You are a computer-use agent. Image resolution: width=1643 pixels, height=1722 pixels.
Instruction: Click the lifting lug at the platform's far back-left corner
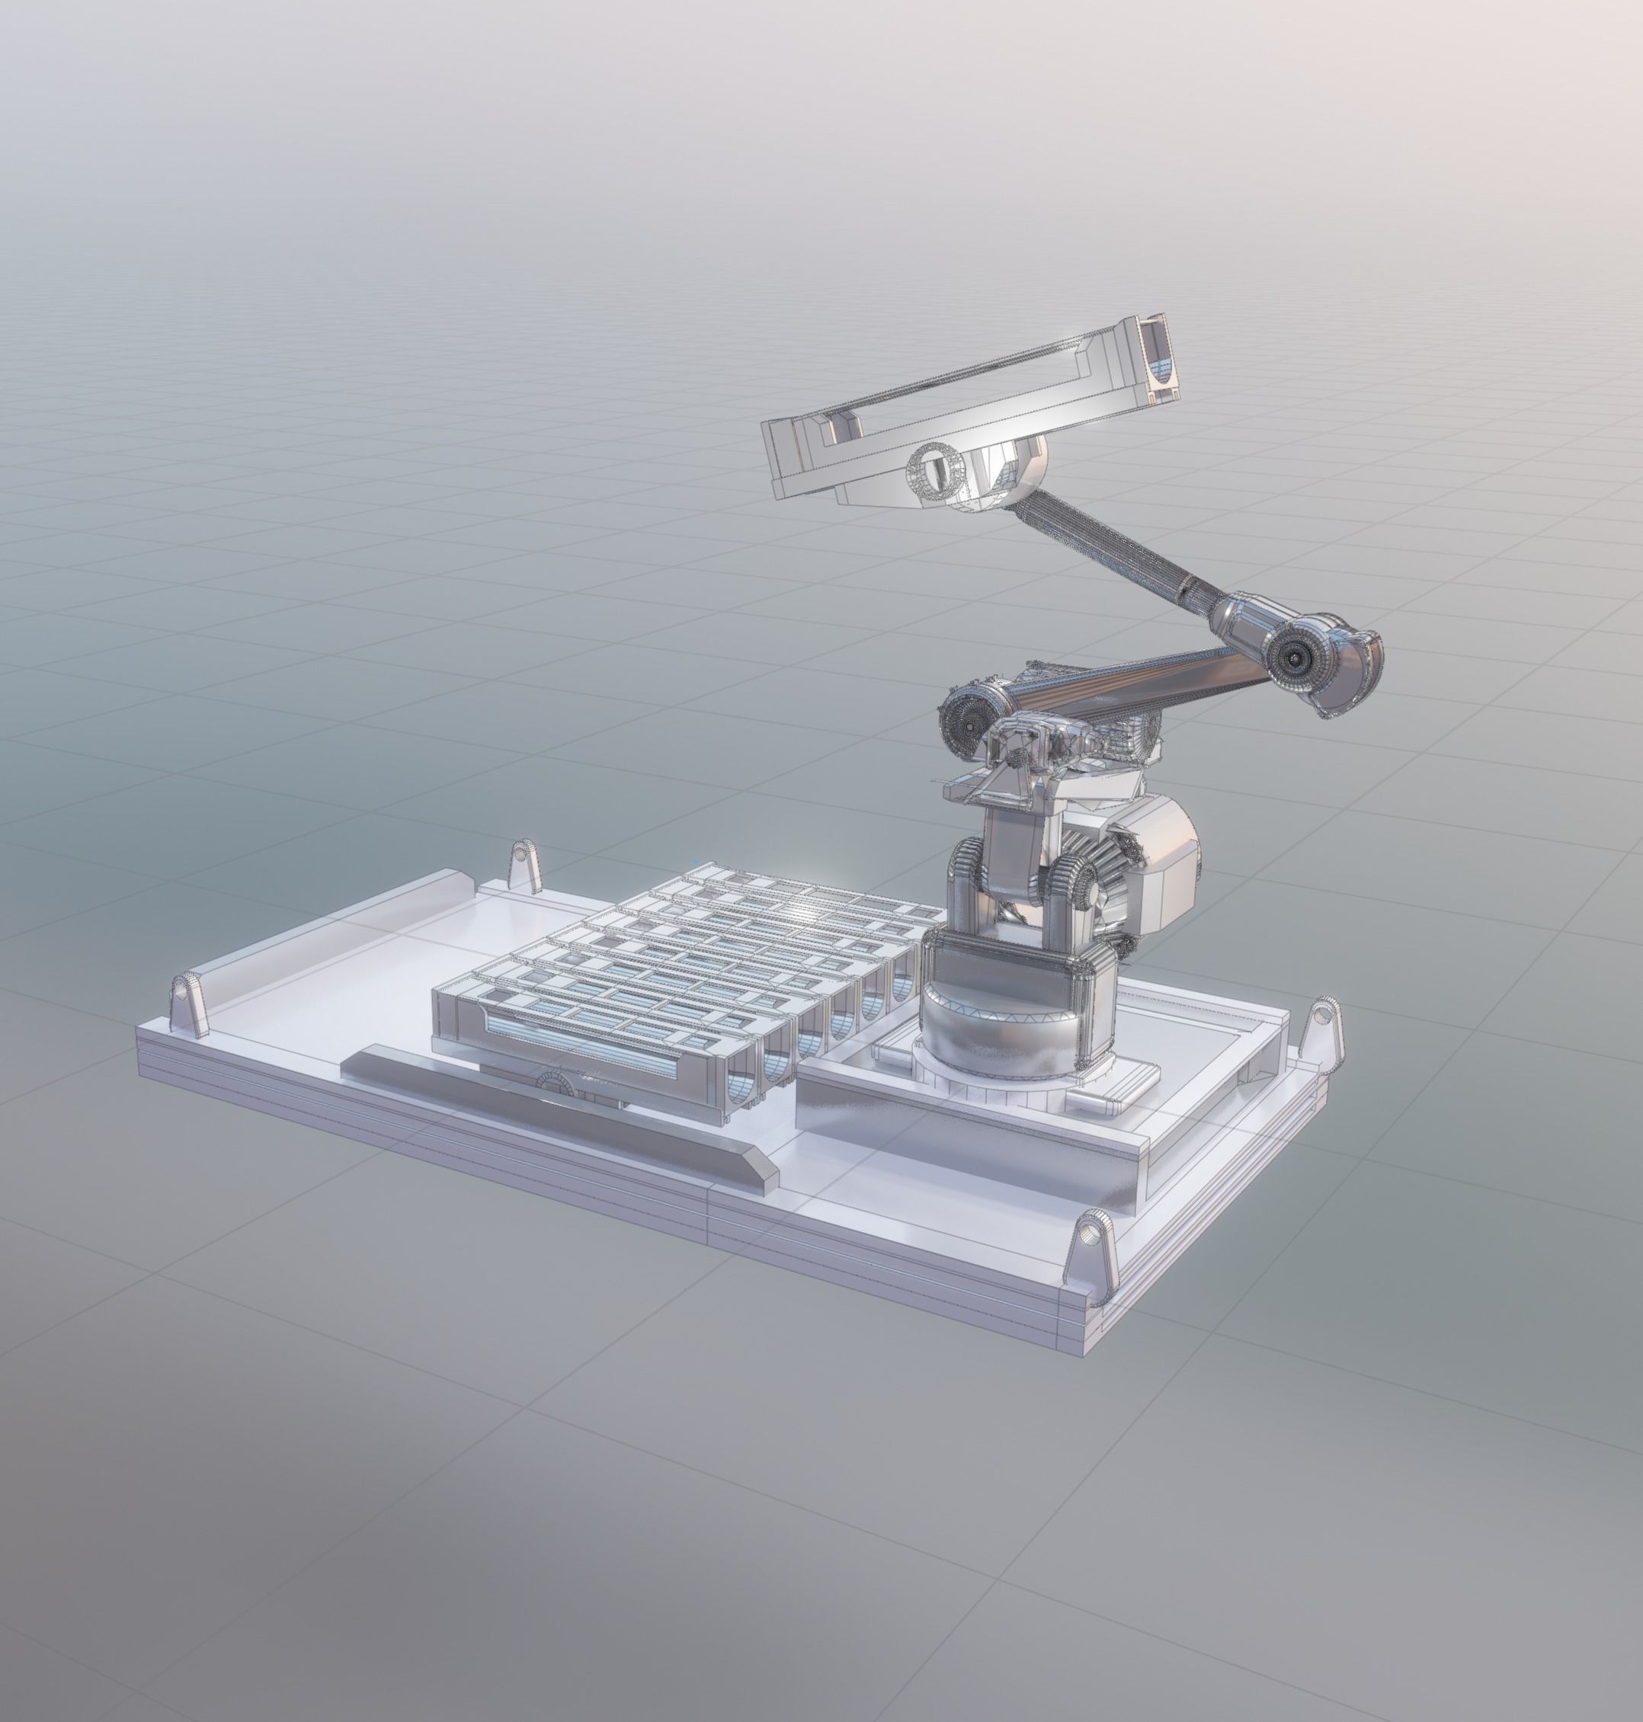click(x=524, y=863)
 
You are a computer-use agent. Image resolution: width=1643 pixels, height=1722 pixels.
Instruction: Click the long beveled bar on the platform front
click(x=561, y=1112)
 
